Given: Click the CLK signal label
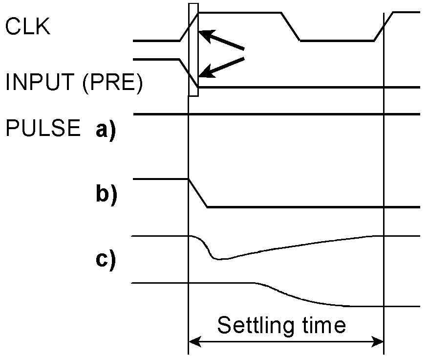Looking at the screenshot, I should point(27,27).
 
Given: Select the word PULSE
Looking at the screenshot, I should point(43,128).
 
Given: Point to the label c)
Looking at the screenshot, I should point(106,260).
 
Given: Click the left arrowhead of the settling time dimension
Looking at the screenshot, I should point(193,341).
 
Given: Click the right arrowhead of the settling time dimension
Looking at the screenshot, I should point(379,341).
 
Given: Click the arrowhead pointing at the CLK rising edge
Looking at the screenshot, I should point(205,35).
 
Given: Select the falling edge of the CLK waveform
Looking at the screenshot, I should point(290,27).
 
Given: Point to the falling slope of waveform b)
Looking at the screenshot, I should point(198,193).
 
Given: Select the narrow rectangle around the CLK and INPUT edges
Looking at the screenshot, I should point(193,49).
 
